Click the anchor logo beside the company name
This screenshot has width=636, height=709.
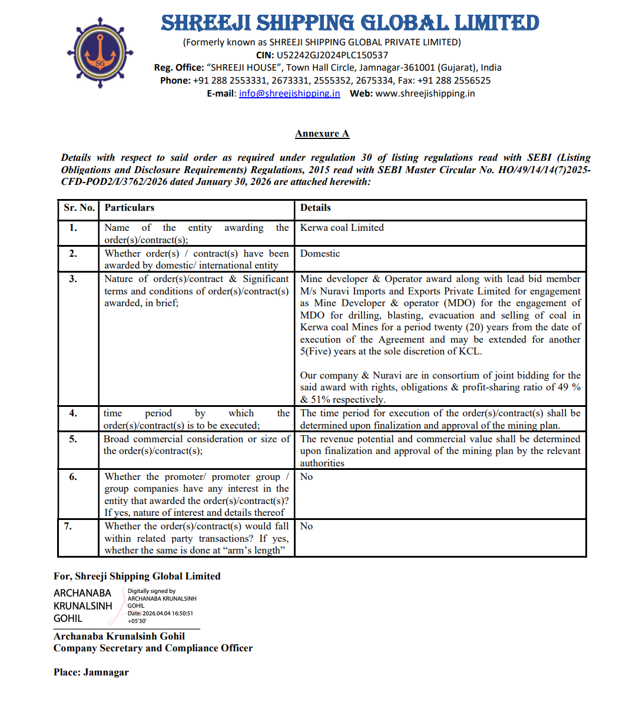coord(100,53)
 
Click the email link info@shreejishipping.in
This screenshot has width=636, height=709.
coord(289,94)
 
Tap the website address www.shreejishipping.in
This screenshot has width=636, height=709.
coord(425,94)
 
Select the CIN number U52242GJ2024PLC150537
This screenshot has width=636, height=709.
coord(332,55)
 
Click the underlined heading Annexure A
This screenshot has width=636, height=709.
coord(322,134)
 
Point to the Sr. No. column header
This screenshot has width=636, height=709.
coord(79,208)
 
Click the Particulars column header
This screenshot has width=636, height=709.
coord(130,208)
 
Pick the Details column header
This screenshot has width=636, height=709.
coord(316,208)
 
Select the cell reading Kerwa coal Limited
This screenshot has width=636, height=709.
coord(342,228)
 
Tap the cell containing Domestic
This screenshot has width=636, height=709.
coord(320,254)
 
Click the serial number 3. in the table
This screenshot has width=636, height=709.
coord(73,279)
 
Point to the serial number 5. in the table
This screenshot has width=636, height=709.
coord(73,439)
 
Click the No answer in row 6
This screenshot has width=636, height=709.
coord(306,477)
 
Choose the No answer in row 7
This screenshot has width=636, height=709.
coord(306,526)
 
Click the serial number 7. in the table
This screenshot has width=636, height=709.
coord(68,526)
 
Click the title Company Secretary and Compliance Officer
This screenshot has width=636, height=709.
coord(153,648)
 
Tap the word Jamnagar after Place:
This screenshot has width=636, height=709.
coord(106,672)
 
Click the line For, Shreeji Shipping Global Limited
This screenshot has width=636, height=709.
coord(137,577)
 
